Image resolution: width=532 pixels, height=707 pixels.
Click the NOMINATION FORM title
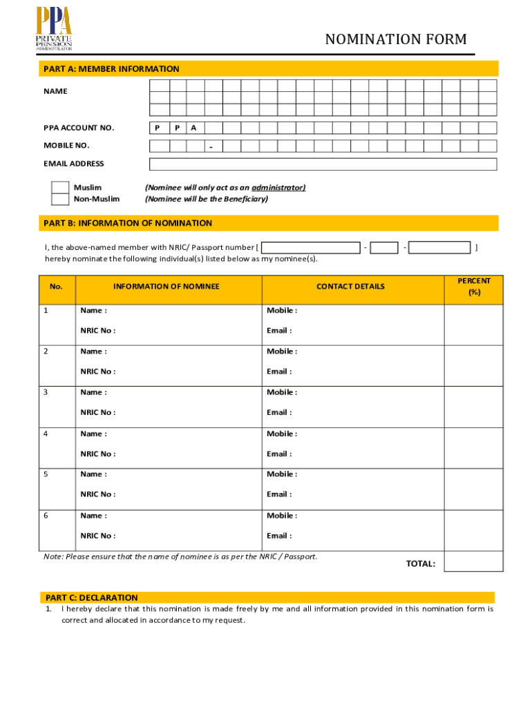click(396, 40)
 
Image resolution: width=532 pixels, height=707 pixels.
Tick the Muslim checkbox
click(61, 188)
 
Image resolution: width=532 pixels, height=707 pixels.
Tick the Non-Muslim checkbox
click(61, 200)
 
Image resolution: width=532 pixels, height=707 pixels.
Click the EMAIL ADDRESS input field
click(323, 164)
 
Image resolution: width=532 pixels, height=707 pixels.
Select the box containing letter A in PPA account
click(194, 128)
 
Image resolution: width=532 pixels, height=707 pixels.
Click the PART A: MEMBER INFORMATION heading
click(111, 69)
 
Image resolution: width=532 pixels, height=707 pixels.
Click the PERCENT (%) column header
click(473, 287)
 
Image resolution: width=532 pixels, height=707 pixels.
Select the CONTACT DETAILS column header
click(350, 287)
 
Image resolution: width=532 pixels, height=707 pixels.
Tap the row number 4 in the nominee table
click(46, 434)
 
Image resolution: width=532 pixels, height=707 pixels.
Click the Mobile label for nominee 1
click(282, 311)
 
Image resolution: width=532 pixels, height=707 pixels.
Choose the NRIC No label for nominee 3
click(97, 412)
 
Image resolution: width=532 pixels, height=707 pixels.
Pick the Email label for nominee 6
click(279, 536)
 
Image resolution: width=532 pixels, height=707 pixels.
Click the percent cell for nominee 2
click(473, 365)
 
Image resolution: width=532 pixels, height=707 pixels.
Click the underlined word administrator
click(278, 188)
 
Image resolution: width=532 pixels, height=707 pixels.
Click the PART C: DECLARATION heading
click(92, 598)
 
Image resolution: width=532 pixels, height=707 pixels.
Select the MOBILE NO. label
click(66, 146)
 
